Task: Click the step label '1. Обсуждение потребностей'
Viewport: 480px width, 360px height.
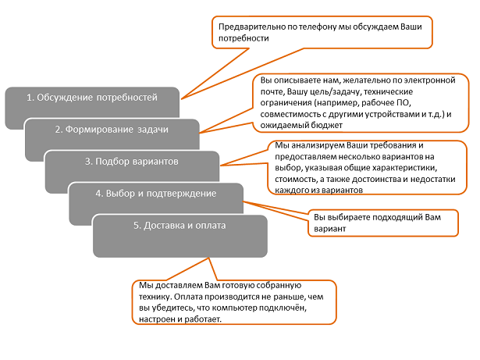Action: pos(92,98)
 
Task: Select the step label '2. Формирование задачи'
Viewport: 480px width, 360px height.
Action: pos(112,130)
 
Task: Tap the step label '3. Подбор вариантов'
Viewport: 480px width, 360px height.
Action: pos(132,162)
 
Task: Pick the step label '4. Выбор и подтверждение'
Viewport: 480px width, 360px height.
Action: pos(156,194)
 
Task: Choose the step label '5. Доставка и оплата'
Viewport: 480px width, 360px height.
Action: pos(180,226)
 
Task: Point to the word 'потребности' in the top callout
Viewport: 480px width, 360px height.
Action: pos(244,38)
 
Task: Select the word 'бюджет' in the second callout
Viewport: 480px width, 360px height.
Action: pos(326,125)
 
